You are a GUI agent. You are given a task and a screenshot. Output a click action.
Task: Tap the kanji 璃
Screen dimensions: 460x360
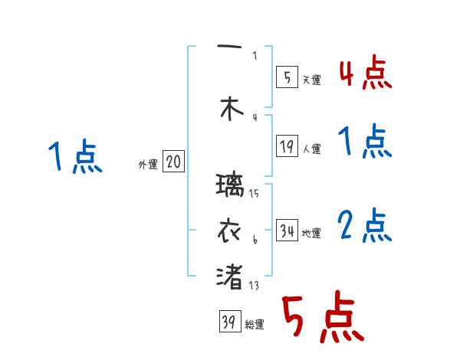(230, 186)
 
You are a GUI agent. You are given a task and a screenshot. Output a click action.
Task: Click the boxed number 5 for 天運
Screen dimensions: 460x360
(286, 77)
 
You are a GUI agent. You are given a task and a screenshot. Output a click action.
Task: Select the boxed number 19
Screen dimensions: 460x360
(287, 146)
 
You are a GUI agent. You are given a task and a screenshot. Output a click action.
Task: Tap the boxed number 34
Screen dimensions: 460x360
(287, 231)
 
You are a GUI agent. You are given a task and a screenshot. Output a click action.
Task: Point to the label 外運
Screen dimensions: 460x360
(148, 164)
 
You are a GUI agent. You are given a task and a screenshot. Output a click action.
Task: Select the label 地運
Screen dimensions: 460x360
(312, 233)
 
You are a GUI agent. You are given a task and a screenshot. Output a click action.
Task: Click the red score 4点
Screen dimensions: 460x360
(365, 74)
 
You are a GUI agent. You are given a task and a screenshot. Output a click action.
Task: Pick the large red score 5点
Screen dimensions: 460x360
(322, 320)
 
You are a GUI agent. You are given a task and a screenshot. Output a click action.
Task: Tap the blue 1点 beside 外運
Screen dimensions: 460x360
(75, 157)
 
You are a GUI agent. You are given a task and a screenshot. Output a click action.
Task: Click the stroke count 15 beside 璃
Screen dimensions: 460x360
(254, 194)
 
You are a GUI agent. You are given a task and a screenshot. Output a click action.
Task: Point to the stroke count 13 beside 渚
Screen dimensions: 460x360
(254, 286)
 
